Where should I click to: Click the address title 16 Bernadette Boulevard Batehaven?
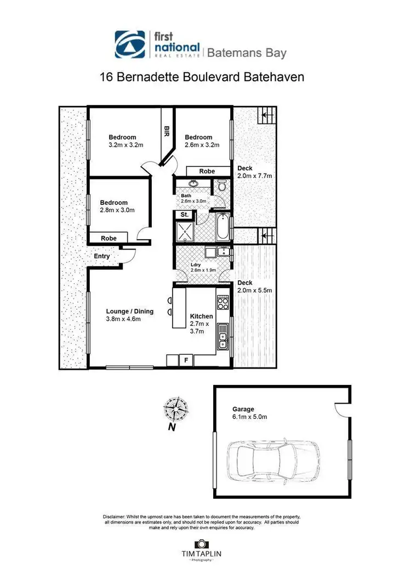202,77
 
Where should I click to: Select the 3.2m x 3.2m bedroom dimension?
125,145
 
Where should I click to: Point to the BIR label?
165,131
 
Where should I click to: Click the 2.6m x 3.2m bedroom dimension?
202,145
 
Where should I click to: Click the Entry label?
102,256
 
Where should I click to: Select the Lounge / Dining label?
130,312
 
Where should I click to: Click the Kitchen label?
202,316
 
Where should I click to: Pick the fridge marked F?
186,360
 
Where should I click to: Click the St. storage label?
185,215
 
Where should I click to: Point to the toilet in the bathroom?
221,186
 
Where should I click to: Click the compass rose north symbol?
176,410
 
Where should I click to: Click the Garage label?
243,409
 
